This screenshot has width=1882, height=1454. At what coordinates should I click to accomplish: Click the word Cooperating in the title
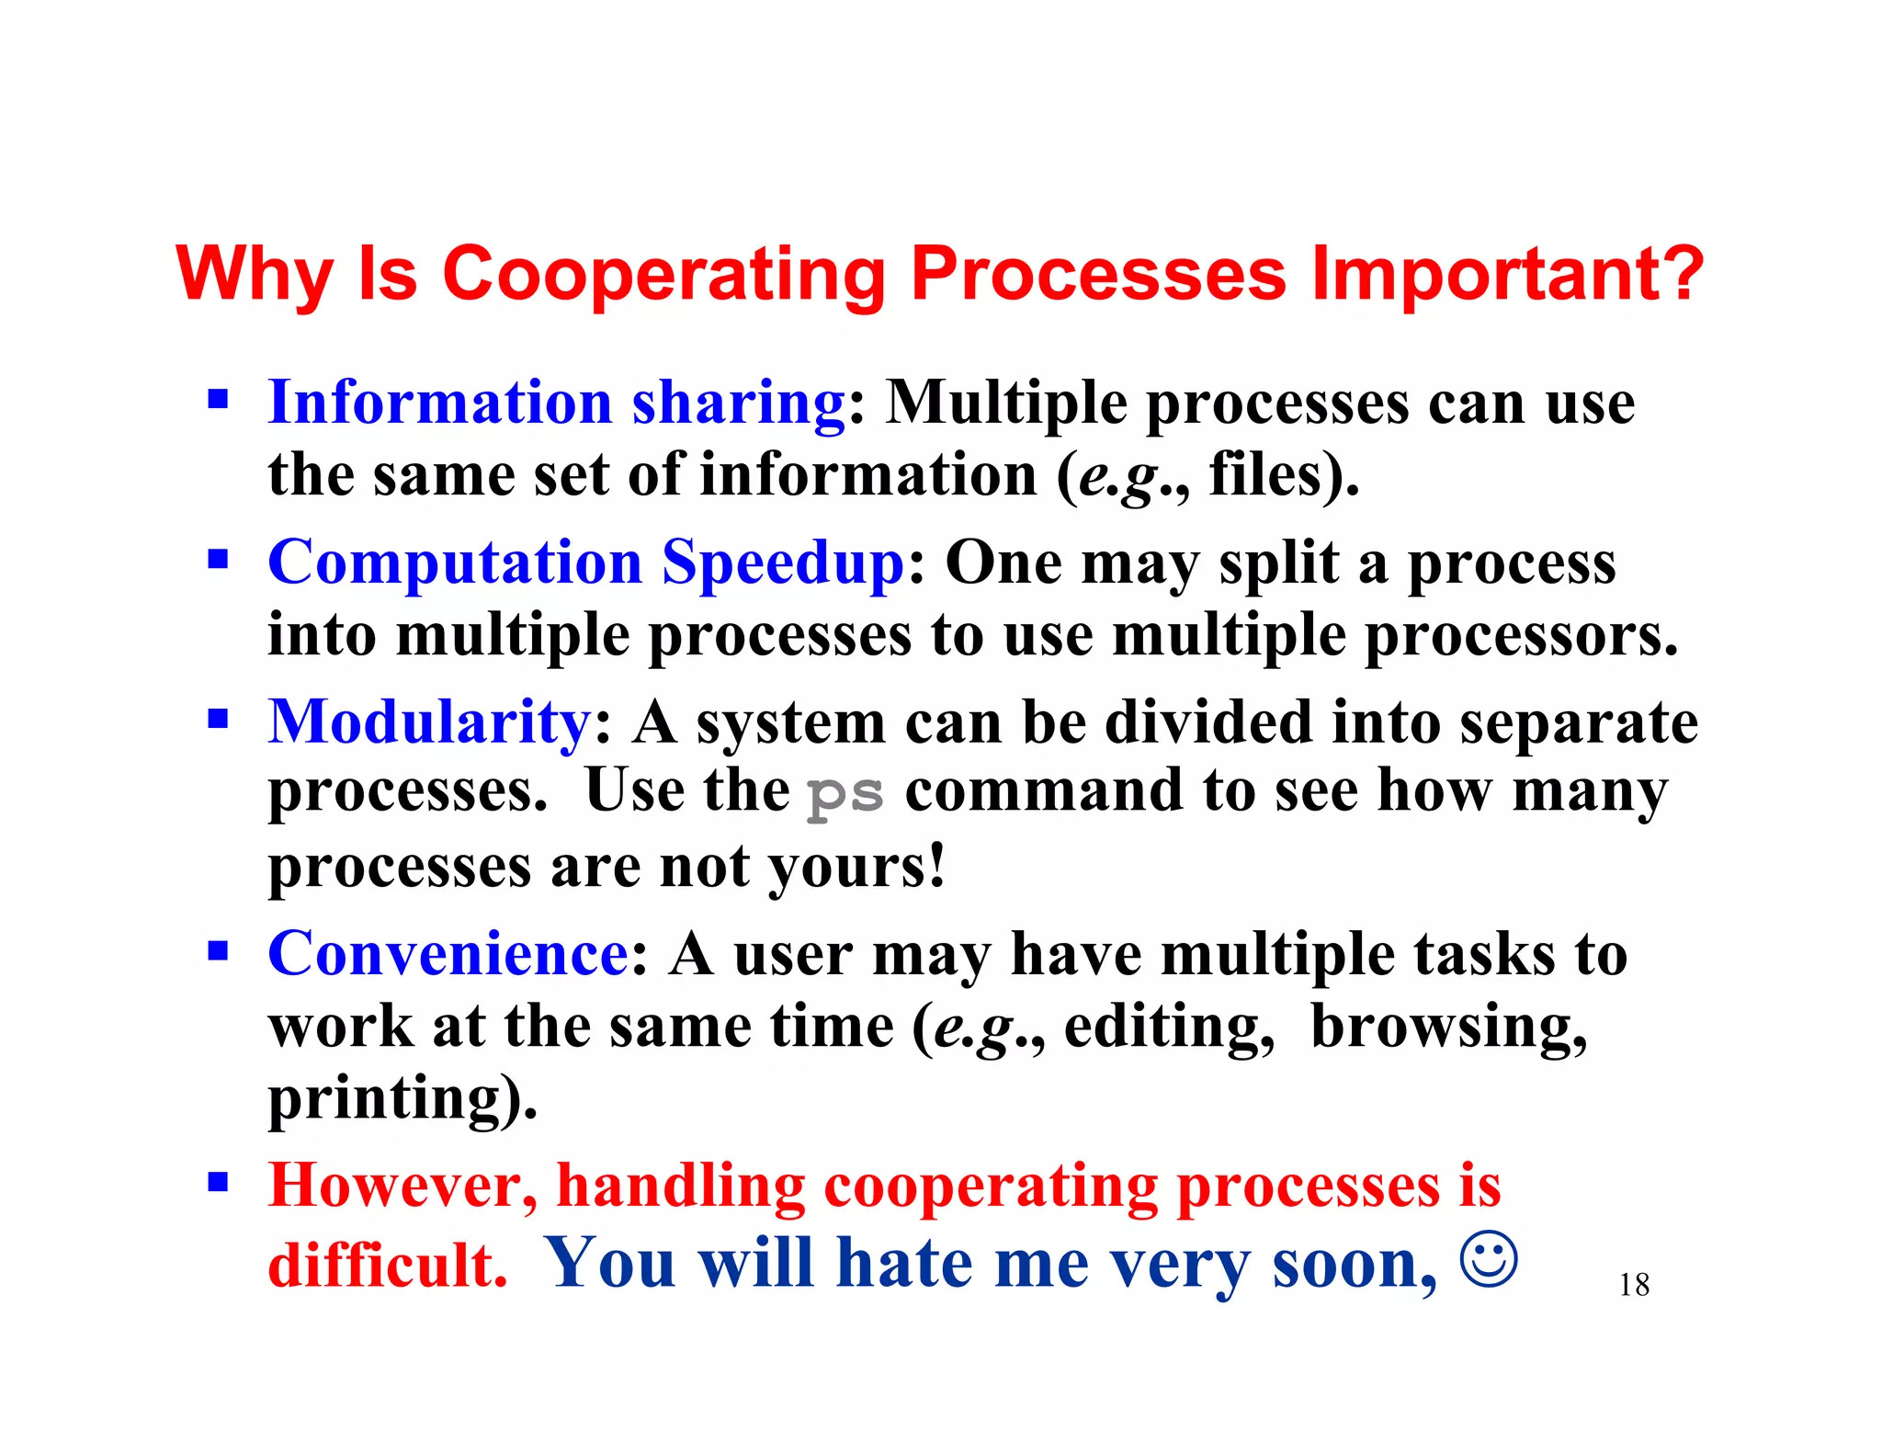point(663,274)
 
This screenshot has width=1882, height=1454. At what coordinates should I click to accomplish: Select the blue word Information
point(439,403)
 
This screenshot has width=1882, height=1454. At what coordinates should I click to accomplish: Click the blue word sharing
point(738,404)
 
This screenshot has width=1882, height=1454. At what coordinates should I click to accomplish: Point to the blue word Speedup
point(784,564)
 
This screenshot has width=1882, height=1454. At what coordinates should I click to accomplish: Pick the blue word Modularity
point(430,723)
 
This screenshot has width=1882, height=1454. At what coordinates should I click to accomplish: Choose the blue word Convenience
point(448,953)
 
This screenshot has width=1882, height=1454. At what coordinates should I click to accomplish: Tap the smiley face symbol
point(1488,1259)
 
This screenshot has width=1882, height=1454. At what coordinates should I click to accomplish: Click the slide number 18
point(1634,1285)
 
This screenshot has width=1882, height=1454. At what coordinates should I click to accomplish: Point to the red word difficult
point(387,1266)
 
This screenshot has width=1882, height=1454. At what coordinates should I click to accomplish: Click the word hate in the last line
point(904,1264)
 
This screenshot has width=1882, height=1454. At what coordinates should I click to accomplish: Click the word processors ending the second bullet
point(1521,636)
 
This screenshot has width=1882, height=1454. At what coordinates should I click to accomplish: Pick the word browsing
point(1448,1027)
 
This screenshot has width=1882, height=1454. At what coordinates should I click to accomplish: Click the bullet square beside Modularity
point(218,718)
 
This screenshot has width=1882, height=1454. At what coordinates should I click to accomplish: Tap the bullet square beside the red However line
point(218,1181)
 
